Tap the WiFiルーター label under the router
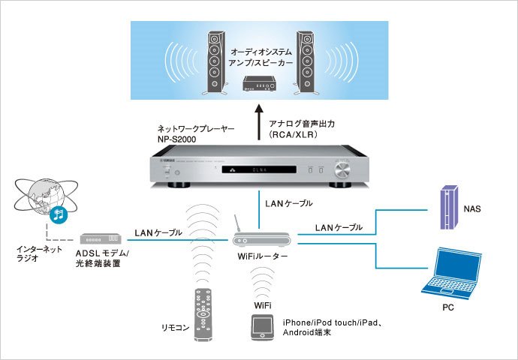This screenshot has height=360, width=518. coord(264,258)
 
